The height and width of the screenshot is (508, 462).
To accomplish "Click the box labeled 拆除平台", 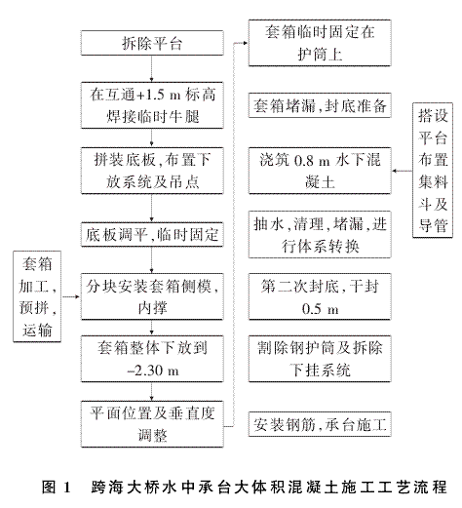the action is [152, 43].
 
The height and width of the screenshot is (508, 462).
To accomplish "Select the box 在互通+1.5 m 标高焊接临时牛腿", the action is [152, 105].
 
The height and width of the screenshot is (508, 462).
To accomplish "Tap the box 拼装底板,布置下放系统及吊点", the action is [152, 171].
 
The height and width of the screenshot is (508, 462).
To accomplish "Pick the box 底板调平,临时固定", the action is [152, 234].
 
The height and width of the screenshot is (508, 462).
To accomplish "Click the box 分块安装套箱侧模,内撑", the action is [152, 296].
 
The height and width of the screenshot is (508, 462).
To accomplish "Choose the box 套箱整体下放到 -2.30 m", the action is [152, 359].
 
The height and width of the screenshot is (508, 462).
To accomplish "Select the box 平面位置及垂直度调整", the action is [152, 424].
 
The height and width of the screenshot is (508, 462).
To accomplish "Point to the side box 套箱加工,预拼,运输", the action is [37, 296].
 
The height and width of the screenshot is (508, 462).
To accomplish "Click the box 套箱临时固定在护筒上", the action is [320, 43].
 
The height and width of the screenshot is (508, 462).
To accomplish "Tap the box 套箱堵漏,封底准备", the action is [320, 105].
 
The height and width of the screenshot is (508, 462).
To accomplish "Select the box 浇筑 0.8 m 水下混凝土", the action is [320, 171].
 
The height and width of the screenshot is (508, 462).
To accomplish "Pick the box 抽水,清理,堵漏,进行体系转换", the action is [320, 234].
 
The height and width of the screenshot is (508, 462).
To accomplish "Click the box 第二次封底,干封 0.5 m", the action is [320, 296].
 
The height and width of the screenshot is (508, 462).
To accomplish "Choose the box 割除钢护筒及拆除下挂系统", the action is [320, 359].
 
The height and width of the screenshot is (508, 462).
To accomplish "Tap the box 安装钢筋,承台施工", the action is [320, 424].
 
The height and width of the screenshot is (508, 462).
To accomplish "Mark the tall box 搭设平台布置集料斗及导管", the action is [433, 171].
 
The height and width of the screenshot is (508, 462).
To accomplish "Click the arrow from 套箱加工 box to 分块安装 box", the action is [71, 296].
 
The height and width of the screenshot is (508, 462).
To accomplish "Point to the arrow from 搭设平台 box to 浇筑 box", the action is [402, 171].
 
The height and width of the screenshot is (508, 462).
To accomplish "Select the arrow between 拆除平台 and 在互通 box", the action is [152, 69].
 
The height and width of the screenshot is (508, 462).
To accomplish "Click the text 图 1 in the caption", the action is [57, 488].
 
